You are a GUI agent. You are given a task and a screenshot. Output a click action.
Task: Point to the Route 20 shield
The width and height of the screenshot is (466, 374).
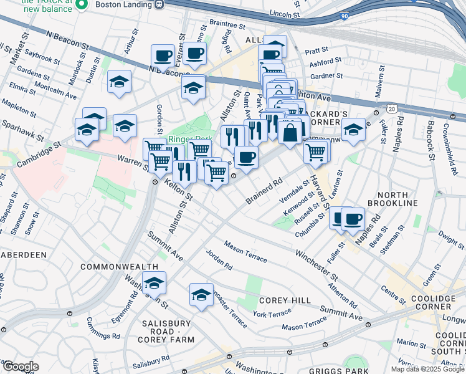click(x=391, y=108)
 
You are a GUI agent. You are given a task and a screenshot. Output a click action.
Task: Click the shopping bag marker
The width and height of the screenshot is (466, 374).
click(x=291, y=133)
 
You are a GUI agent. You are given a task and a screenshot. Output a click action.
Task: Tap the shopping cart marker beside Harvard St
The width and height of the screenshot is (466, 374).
click(x=316, y=151)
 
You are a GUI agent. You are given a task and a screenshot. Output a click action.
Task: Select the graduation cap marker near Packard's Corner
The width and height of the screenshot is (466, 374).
click(x=353, y=130)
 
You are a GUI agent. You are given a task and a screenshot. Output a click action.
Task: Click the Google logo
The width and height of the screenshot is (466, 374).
click(x=21, y=367)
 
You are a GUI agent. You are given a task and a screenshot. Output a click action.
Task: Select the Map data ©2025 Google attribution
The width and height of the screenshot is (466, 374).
click(x=427, y=369)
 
